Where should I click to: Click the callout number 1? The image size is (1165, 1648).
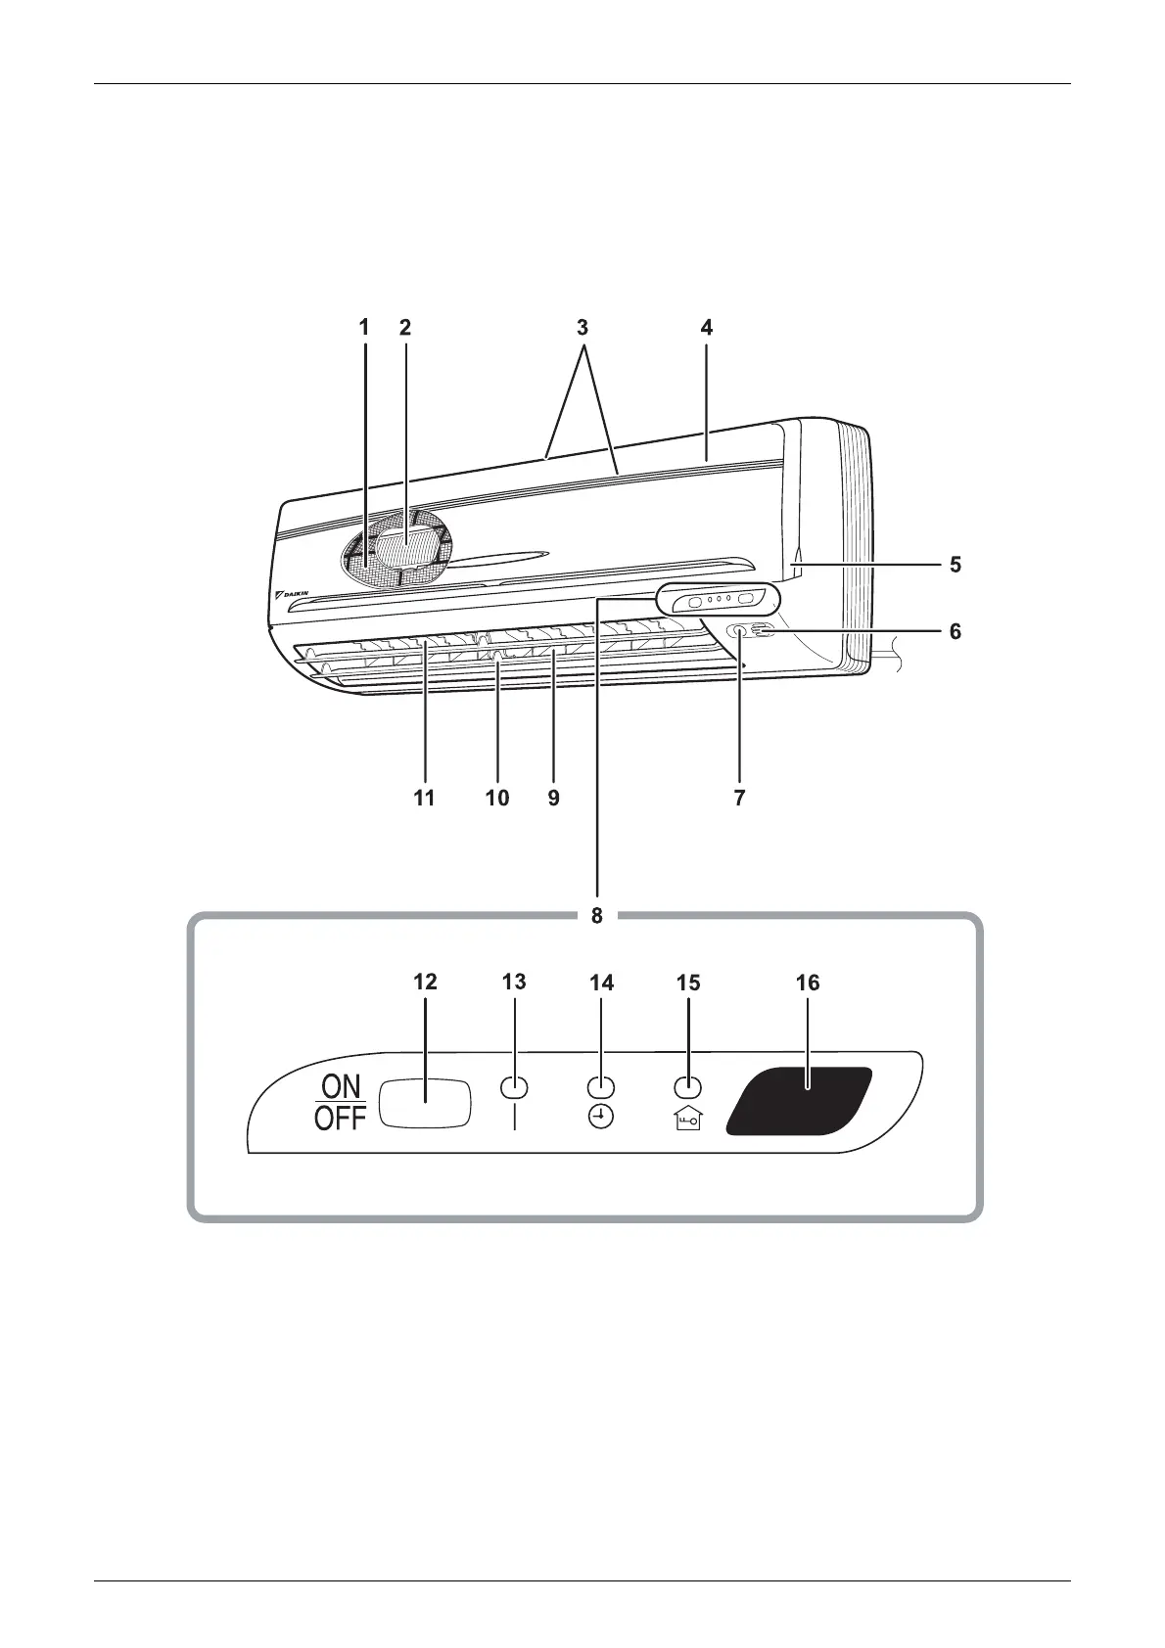coord(364,328)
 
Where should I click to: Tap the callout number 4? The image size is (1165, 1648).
coord(707,328)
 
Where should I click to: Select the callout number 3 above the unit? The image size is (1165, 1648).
coord(582,328)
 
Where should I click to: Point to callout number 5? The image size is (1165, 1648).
coord(955,565)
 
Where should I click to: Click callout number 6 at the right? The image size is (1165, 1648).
coord(955,631)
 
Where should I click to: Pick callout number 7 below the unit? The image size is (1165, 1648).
coord(739,799)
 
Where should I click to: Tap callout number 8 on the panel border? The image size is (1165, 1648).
coord(596,917)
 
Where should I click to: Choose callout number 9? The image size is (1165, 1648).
coord(553,799)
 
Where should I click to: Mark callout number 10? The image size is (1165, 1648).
coord(497,799)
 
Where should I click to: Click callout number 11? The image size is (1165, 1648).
coord(424,799)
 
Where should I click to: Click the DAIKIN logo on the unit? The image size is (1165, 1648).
coord(293,594)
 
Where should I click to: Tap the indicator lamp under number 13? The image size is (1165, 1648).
coord(514,1087)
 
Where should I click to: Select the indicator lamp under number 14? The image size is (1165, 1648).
coord(600,1087)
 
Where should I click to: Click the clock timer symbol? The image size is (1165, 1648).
coord(600,1119)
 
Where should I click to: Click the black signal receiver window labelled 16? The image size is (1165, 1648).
coord(798,1100)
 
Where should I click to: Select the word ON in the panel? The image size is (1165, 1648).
coord(341,1086)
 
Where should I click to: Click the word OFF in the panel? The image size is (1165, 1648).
coord(340,1119)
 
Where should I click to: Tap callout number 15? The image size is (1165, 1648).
coord(688,983)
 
